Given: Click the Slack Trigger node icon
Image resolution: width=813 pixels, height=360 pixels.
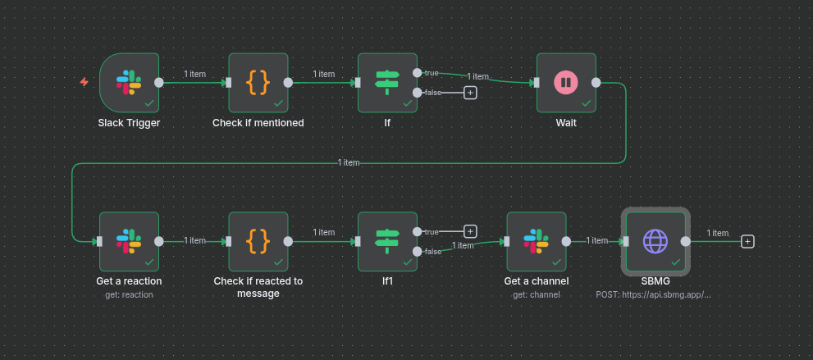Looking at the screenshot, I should coord(129,81).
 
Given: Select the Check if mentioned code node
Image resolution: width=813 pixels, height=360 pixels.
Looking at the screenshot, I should coord(258,81).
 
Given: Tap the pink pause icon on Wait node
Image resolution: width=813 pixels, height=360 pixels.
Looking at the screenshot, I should coord(565,81).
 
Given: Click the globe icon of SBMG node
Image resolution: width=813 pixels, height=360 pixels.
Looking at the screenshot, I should coord(655,240).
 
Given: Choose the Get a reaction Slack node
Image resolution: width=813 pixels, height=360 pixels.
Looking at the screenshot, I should coord(129,240).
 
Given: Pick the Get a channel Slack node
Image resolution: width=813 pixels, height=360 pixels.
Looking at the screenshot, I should coord(537,240).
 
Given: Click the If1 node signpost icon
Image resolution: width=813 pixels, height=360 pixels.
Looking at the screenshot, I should coord(387,240).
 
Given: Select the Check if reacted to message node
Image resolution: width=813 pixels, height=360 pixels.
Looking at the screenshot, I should coord(258,240).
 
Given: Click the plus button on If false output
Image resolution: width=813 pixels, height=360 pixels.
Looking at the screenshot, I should coord(471,93).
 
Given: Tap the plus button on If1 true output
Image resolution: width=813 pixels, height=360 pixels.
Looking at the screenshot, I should coord(471,231).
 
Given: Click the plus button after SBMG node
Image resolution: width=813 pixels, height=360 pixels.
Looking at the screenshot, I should coord(747,241).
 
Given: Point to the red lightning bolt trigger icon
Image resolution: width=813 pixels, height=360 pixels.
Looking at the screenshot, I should coord(84,82).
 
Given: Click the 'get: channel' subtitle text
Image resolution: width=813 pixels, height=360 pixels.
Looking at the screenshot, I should coord(537,294).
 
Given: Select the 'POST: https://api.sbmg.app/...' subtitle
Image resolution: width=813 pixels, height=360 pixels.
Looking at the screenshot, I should coord(654,294).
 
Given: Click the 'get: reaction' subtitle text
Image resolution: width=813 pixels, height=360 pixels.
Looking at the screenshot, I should coord(129,294).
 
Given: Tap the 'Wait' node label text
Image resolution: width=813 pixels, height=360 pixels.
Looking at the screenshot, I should coord(566,123).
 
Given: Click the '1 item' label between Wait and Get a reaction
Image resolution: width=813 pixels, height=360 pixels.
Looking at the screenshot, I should coord(349,162).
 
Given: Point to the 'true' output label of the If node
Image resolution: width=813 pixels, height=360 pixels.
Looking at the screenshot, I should coord(432,73).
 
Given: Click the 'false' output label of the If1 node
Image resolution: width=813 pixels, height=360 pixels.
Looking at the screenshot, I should coord(432,252).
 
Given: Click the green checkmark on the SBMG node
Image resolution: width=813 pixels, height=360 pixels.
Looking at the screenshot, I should coord(676,262).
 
